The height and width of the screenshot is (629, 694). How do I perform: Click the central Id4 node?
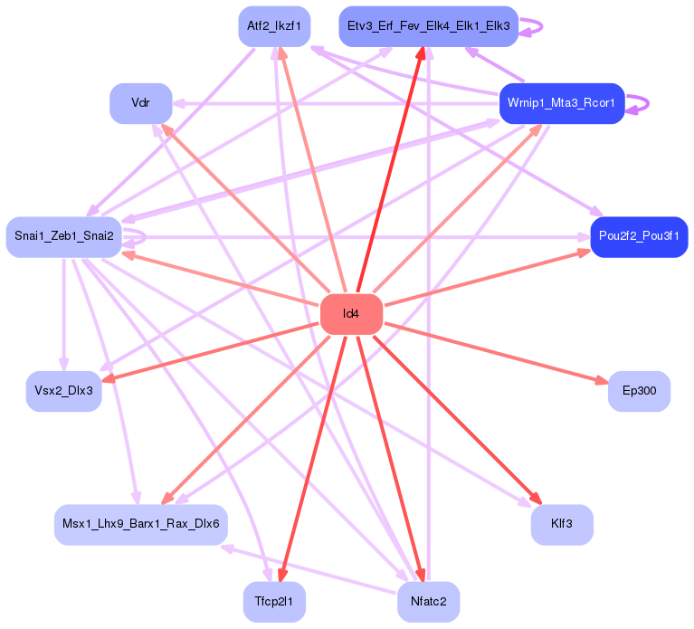pos(351,314)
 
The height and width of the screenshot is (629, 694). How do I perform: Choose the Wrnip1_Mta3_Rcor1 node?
pos(561,103)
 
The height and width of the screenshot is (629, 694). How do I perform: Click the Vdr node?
pos(140,103)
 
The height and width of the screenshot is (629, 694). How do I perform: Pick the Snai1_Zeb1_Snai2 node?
pos(63,237)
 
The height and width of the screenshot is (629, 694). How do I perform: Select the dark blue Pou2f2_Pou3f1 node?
pos(639,237)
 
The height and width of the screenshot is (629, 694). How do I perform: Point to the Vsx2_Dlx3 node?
pos(63,391)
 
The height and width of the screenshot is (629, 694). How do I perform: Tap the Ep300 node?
pos(639,391)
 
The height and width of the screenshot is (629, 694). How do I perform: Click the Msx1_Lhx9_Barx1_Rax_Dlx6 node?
pos(140,524)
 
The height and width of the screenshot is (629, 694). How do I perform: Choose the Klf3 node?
pos(561,524)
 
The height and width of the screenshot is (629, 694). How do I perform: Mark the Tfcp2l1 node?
pos(273,602)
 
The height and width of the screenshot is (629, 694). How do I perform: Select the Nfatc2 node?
pos(428,602)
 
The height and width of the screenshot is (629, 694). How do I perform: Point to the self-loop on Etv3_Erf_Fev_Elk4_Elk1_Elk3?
pos(535,27)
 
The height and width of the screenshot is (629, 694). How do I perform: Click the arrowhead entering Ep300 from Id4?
pos(601,383)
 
